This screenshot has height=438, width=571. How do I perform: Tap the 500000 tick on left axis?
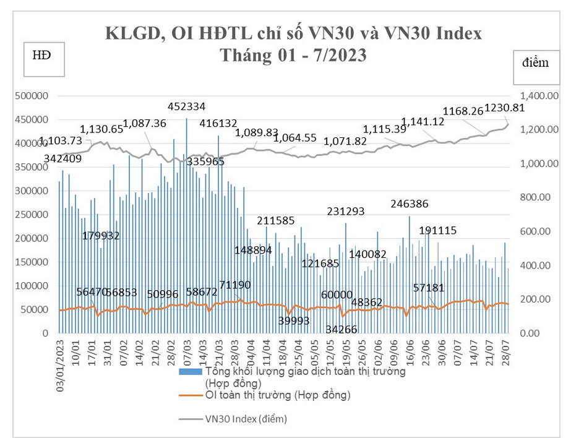click(31, 97)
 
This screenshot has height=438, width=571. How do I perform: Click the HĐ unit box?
click(41, 55)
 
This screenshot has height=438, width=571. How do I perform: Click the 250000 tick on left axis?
click(31, 215)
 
